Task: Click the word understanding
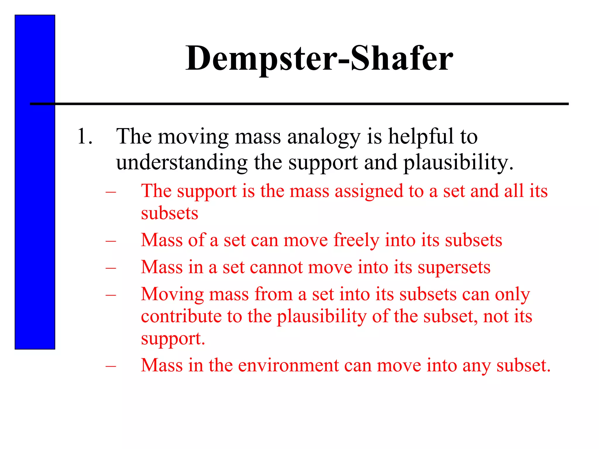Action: [x=182, y=163]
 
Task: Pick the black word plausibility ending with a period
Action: [x=458, y=163]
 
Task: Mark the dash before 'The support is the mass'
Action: [x=111, y=192]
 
